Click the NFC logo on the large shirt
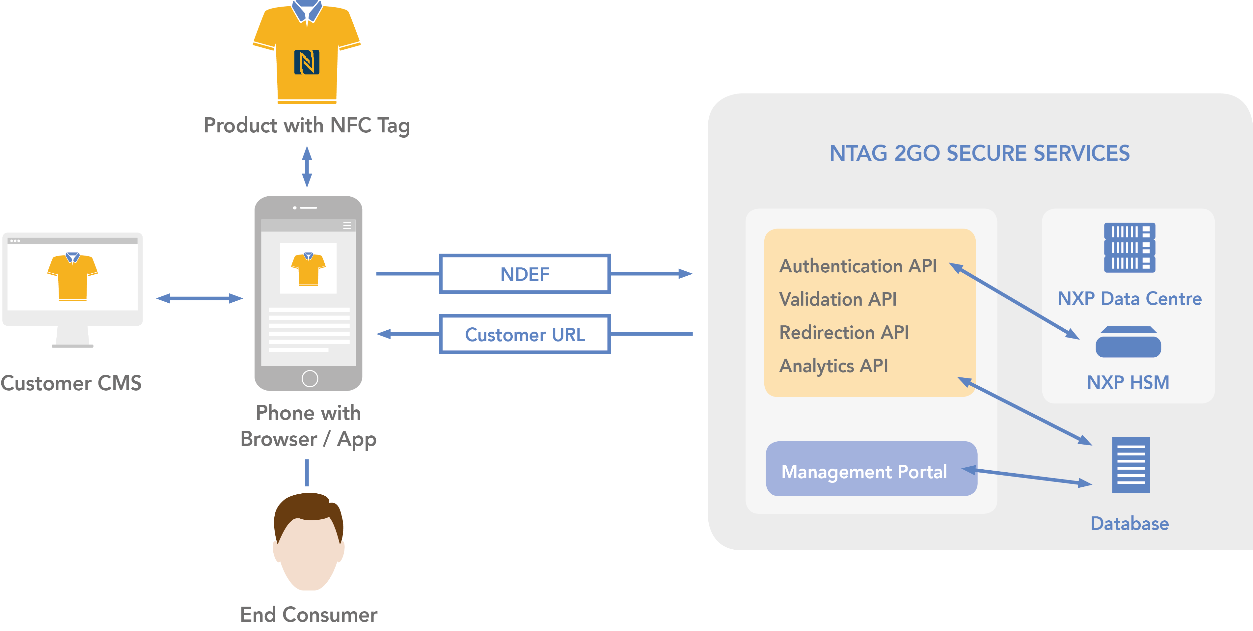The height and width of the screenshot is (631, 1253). (307, 62)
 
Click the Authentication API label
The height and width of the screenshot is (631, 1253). (858, 266)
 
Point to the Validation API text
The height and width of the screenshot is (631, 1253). (838, 299)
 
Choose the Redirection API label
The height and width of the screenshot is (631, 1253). (844, 333)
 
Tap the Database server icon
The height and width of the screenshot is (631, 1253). (1130, 465)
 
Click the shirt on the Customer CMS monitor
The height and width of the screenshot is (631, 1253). (72, 276)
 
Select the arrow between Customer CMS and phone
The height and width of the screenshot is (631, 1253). (200, 298)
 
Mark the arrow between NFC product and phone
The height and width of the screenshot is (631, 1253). (307, 166)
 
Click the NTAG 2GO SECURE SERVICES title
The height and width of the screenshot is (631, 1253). (979, 153)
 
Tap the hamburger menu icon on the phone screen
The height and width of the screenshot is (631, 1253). (347, 225)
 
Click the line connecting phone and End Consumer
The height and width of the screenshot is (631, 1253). (307, 472)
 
